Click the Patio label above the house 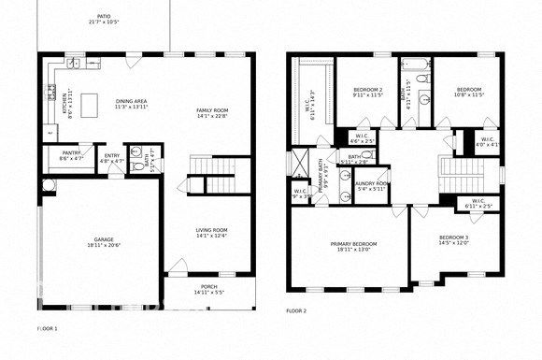(x=102, y=18)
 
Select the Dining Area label (x=133, y=102)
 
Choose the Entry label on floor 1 (x=112, y=156)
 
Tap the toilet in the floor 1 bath (x=137, y=151)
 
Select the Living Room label (x=211, y=231)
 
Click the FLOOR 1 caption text (x=47, y=329)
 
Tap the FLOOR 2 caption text (x=296, y=310)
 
